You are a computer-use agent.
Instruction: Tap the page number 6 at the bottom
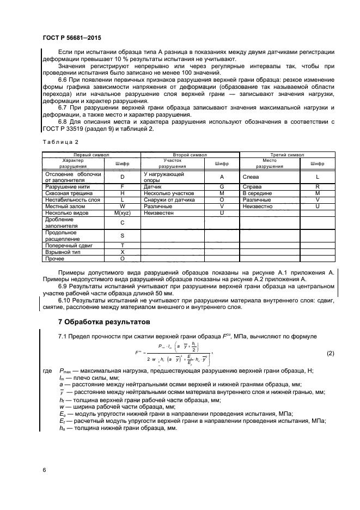coord(44,469)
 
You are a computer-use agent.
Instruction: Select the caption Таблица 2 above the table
coord(56,143)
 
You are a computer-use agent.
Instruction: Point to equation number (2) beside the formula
coord(331,354)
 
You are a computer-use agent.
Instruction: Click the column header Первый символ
coord(91,155)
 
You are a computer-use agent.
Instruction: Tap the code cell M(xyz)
coord(123,212)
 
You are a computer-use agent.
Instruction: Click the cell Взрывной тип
coord(60,253)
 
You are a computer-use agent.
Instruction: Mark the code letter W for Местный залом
coord(123,206)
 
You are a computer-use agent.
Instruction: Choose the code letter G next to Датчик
coord(222,186)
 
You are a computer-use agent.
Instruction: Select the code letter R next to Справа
coord(317,186)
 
